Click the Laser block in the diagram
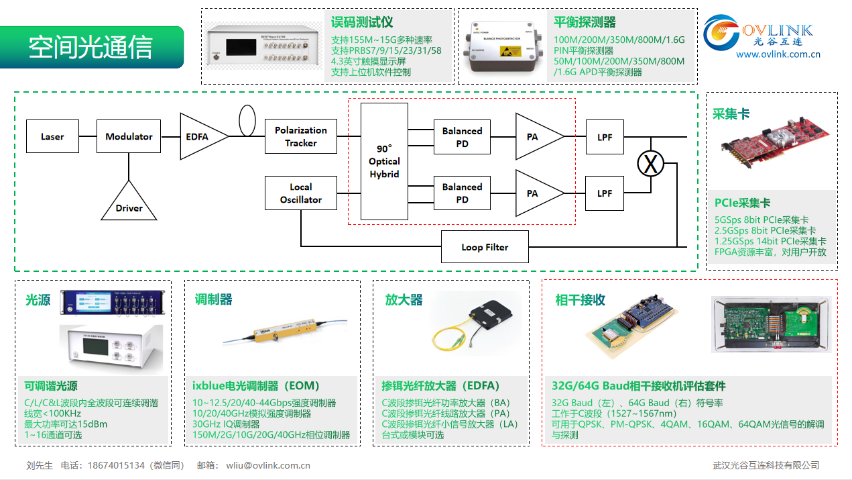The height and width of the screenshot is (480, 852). [x=52, y=136]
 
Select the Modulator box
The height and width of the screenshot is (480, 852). [x=129, y=136]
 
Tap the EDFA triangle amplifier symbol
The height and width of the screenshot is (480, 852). [x=200, y=136]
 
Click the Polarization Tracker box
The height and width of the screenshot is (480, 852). [x=301, y=136]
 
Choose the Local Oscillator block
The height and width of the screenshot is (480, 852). [x=301, y=193]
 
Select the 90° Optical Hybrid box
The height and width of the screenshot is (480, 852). [x=384, y=161]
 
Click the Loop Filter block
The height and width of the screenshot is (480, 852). [x=485, y=247]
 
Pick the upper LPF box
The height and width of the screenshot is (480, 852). [x=605, y=136]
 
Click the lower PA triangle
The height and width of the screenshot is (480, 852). [x=536, y=193]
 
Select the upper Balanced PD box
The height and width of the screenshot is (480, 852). [x=462, y=136]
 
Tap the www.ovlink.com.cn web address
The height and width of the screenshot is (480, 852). [x=778, y=54]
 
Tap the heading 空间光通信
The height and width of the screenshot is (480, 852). [x=90, y=47]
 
